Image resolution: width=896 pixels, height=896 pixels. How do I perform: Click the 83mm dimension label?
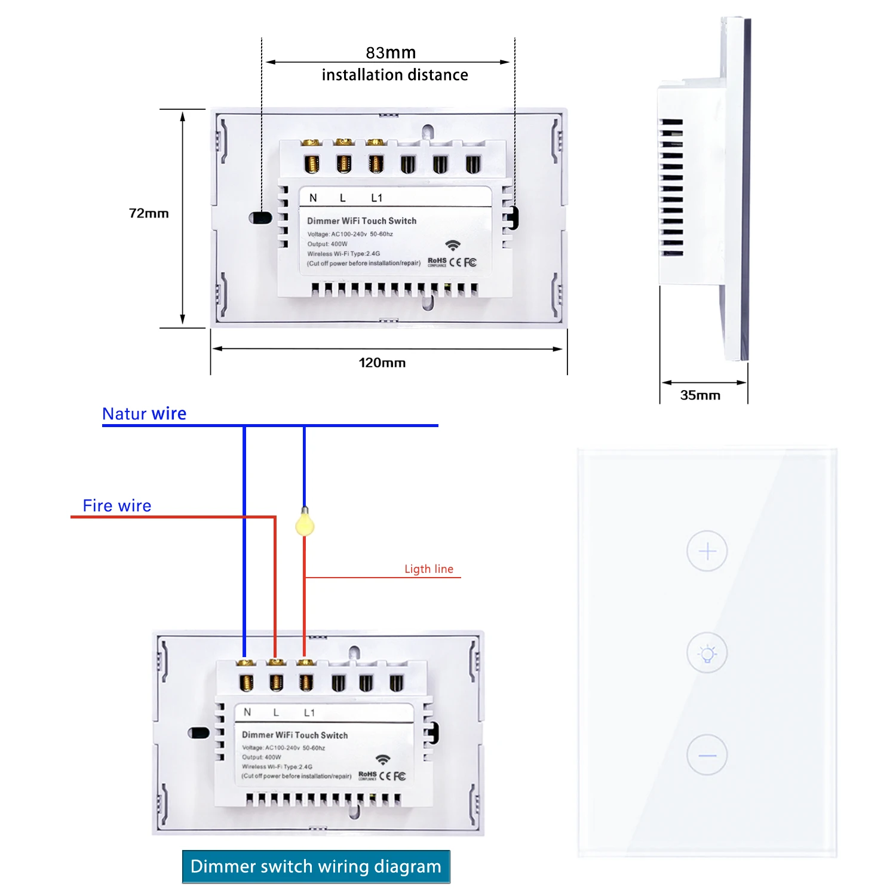(391, 53)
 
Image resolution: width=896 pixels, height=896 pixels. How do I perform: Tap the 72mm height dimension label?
(149, 213)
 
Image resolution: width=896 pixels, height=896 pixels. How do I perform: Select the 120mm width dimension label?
(382, 363)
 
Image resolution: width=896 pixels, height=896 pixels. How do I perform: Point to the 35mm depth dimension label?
(700, 395)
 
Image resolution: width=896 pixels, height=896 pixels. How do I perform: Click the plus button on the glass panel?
(707, 551)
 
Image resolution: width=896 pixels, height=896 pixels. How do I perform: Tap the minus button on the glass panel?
(707, 755)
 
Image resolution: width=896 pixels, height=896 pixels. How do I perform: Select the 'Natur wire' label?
(144, 413)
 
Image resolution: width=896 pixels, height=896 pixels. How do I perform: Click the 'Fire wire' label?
(117, 505)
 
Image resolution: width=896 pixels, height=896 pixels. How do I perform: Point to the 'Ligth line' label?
(429, 569)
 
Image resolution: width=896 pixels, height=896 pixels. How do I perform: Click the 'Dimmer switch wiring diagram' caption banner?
(316, 866)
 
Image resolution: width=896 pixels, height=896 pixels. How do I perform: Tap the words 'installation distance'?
(395, 75)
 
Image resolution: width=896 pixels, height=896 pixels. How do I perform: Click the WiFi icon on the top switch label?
(453, 246)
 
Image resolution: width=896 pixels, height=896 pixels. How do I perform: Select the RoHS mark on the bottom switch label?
(367, 775)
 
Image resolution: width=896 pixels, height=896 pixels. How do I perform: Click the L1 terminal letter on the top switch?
(376, 198)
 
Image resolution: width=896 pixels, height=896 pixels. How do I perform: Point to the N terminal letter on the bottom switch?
(247, 712)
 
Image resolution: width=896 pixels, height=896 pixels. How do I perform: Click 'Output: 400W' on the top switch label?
(327, 244)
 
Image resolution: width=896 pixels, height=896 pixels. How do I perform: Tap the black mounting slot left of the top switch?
(260, 217)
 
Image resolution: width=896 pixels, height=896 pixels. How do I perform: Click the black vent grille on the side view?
(671, 188)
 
